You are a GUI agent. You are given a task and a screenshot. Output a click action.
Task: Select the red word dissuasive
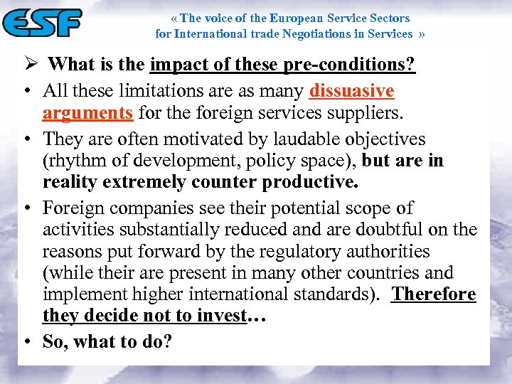351,91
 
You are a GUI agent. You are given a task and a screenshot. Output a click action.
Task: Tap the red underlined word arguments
87,112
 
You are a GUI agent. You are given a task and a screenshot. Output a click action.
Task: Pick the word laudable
284,139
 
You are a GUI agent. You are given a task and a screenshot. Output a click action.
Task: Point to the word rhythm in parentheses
78,161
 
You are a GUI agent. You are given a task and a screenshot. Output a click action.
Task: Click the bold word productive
309,182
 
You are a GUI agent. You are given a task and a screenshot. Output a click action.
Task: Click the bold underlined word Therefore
434,294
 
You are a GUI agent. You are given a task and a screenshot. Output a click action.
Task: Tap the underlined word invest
221,316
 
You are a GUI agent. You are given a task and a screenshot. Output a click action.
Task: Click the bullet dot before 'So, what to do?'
25,342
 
